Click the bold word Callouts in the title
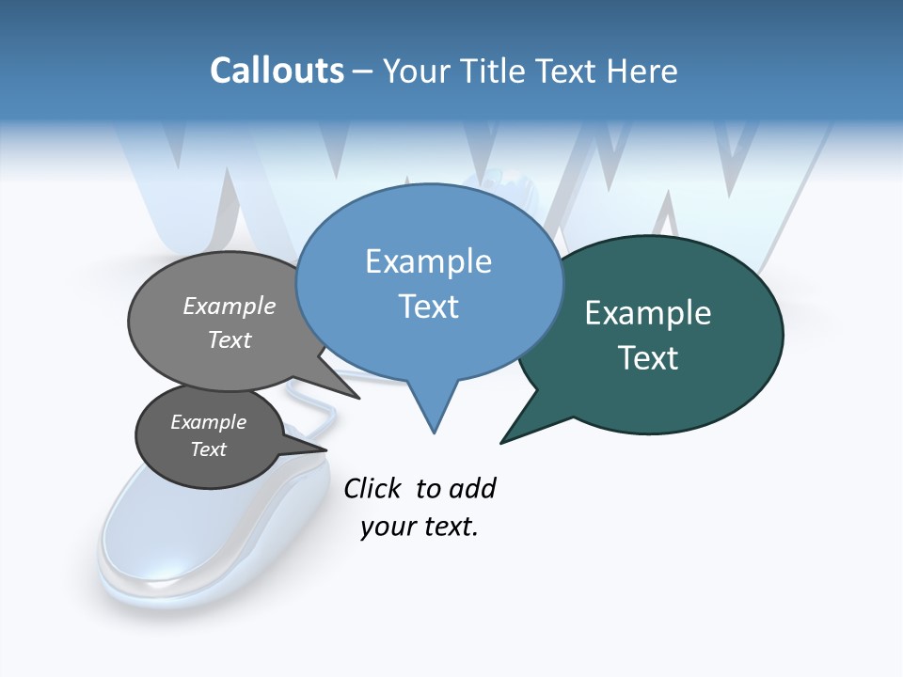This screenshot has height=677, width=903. click(277, 71)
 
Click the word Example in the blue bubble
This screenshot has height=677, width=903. click(428, 261)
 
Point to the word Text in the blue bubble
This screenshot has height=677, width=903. click(428, 307)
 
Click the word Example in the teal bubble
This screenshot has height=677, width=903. click(648, 313)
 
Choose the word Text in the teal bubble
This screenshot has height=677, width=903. click(648, 358)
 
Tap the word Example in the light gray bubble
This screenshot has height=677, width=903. click(230, 307)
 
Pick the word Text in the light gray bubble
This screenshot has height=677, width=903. click(230, 339)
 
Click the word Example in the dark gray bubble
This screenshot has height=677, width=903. click(208, 422)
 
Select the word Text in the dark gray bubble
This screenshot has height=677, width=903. click(208, 449)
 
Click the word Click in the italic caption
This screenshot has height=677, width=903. click(372, 488)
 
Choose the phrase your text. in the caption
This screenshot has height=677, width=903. click(420, 527)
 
